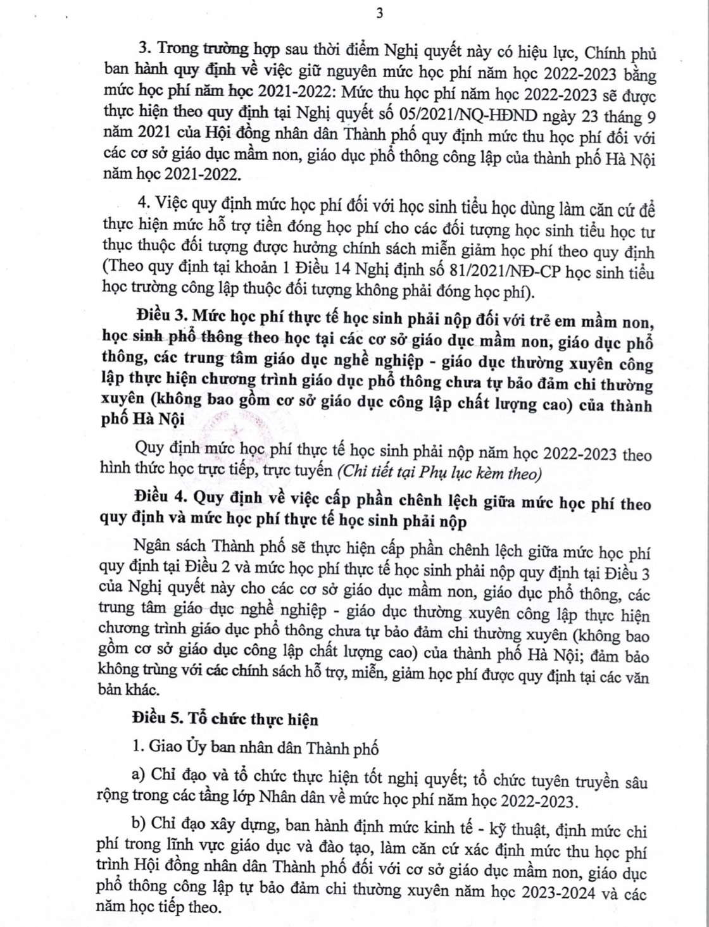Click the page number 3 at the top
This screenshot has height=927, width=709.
coord(379,14)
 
